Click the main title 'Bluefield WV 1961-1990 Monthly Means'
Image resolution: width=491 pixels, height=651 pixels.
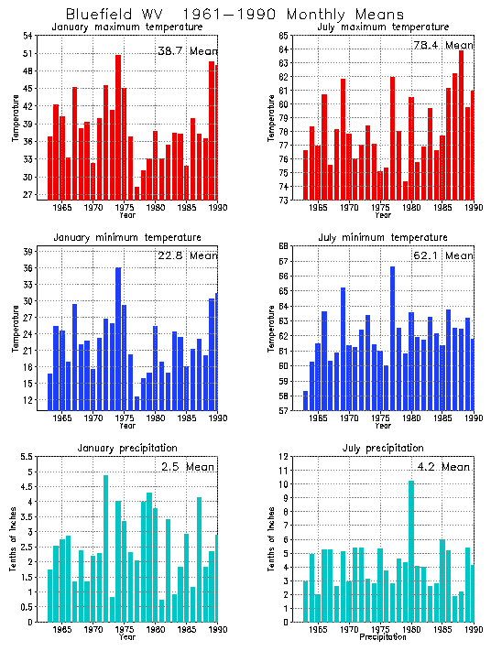click(235, 15)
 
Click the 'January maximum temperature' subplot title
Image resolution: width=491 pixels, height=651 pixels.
click(122, 27)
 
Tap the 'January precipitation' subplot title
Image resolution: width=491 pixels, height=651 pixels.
click(122, 448)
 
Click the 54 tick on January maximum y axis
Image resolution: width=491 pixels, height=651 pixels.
click(27, 36)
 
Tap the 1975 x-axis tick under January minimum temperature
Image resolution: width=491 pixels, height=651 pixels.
click(124, 418)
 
